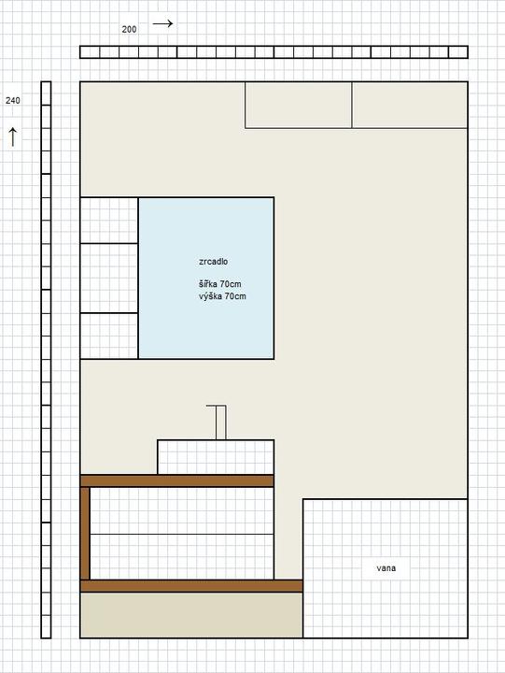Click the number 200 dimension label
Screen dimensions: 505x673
[129, 30]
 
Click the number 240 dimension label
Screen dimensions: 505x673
[13, 100]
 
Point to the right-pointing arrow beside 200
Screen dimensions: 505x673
[163, 23]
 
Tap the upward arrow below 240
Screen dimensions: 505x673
[13, 136]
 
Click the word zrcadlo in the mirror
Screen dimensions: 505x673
[213, 262]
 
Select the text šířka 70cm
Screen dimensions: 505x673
[219, 284]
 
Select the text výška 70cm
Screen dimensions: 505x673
[222, 296]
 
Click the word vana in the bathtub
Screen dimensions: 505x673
[386, 568]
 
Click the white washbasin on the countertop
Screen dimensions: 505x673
[216, 457]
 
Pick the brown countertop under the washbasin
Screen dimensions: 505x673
[177, 480]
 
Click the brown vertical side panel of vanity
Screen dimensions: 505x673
[85, 534]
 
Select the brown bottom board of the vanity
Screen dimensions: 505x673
[191, 586]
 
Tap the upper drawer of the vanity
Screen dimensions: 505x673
[182, 510]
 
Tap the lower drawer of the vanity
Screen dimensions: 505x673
[182, 557]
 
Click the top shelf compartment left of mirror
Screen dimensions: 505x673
[109, 221]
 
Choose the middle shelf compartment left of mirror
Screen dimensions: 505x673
[109, 279]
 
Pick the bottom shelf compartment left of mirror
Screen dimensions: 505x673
[109, 336]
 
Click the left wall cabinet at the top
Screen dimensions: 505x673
[299, 105]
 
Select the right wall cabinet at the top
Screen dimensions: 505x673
[410, 105]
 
